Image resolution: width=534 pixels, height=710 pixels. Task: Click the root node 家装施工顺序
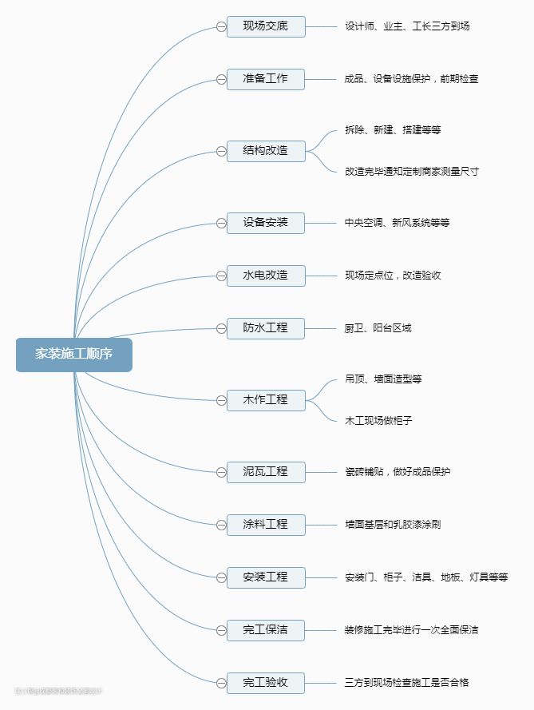73,355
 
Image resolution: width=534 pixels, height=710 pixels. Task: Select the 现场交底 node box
266,26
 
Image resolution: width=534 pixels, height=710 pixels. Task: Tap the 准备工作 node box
266,79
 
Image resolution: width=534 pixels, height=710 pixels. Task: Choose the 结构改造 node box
266,150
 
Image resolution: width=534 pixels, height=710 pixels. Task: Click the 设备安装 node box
266,222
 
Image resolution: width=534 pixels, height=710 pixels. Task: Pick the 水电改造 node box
266,276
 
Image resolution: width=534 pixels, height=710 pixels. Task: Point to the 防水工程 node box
266,327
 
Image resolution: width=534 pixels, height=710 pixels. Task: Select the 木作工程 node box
266,399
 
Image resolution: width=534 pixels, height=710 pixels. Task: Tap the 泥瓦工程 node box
266,471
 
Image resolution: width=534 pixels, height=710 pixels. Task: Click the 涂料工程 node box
266,525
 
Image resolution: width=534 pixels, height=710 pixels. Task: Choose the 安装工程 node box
266,577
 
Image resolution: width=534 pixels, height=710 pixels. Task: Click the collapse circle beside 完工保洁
221,630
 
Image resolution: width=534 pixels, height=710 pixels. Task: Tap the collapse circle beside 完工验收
221,683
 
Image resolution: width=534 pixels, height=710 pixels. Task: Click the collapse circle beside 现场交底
221,27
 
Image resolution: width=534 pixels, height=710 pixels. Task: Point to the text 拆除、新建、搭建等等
393,129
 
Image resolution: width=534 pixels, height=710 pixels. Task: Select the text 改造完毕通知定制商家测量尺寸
412,172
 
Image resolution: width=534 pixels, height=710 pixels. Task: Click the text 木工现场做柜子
378,420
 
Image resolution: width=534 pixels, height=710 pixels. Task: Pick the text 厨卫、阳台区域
378,328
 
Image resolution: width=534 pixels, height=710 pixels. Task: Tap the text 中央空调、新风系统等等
398,223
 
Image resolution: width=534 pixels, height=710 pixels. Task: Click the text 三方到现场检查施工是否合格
407,683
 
